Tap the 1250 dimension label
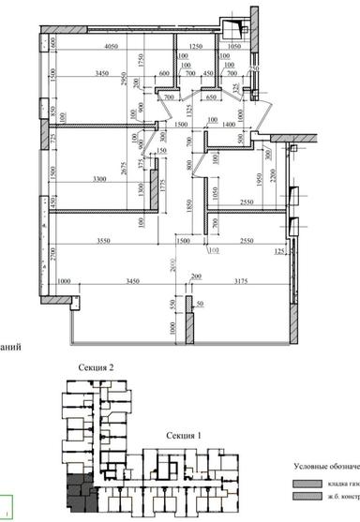pos(196,46)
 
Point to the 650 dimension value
pos(212,97)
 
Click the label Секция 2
pos(97,369)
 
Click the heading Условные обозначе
pos(325,468)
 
